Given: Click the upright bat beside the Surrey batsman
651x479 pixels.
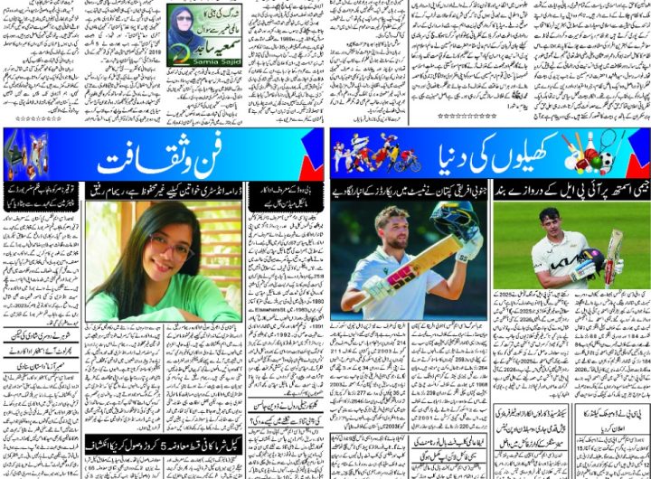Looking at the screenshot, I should [x=615, y=254].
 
